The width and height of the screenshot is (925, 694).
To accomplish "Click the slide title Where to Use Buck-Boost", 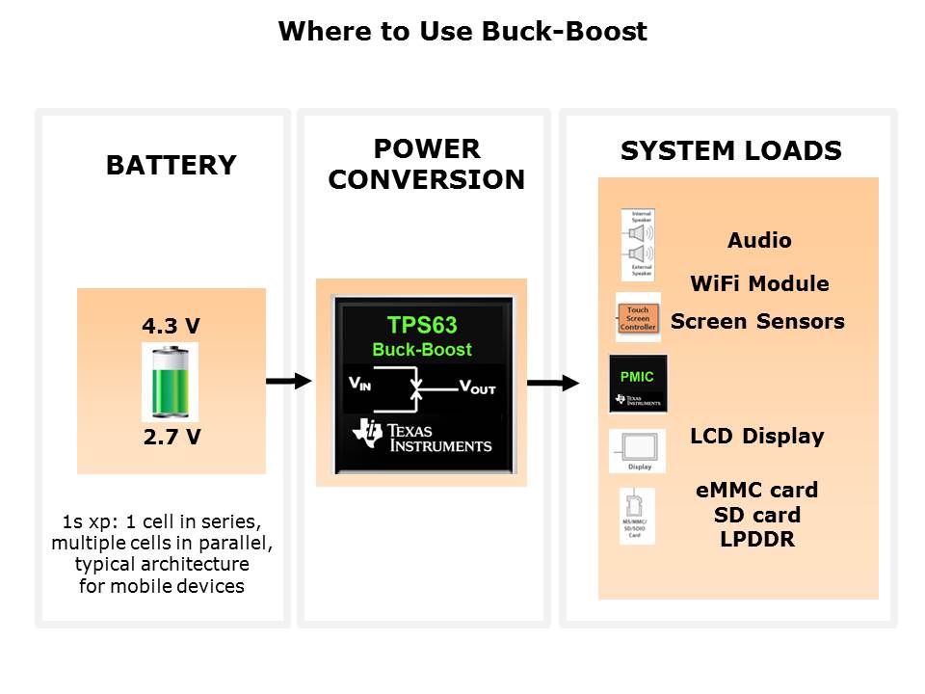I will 462,32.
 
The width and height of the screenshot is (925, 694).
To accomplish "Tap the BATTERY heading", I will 171,165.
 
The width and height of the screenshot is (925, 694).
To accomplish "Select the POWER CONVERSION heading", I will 426,164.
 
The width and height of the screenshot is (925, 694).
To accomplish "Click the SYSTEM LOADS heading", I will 730,151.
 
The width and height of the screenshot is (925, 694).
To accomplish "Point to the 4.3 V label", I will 171,326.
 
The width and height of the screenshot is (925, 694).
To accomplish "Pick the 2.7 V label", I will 171,437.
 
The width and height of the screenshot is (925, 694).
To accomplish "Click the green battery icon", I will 170,382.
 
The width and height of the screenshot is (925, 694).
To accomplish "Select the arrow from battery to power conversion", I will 288,382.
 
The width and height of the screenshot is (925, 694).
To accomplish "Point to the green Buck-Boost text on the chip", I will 421,349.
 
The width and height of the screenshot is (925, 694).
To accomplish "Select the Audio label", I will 759,240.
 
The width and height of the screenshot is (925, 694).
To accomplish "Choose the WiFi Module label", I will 759,283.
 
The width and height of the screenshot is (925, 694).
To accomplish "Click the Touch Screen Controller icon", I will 638,318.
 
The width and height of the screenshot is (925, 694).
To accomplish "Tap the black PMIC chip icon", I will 638,384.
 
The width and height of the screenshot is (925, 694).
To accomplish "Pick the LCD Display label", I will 756,436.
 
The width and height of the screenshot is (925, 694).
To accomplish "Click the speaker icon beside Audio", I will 638,245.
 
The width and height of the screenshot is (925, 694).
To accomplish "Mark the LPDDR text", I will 756,540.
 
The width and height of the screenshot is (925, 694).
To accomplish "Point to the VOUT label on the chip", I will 477,387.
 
